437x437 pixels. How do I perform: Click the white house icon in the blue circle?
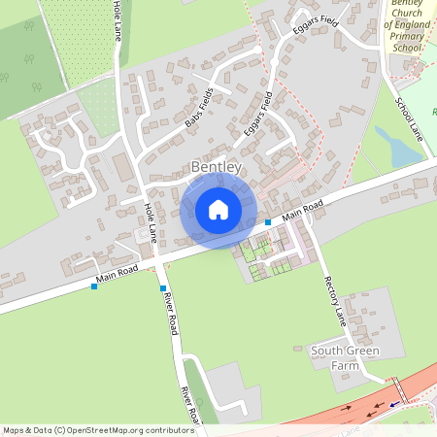tap(218, 210)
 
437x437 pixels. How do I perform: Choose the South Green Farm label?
tap(345, 351)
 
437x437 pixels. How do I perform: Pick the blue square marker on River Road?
tap(162, 288)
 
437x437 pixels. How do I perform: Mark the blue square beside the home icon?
tap(268, 222)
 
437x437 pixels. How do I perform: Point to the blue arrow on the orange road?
tap(394, 405)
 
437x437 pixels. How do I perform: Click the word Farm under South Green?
tap(345, 365)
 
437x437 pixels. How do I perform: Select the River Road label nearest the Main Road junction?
tap(170, 313)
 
